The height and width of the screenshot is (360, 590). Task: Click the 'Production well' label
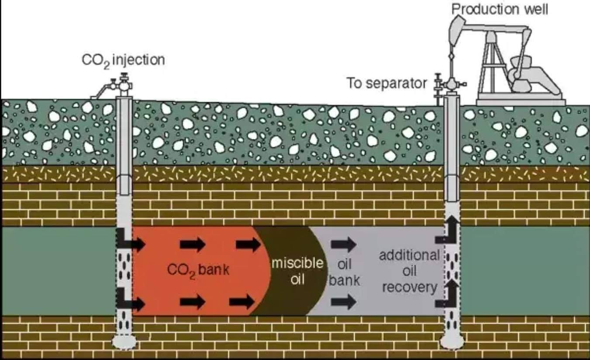click(x=500, y=9)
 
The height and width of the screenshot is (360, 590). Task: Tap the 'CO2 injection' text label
click(x=123, y=61)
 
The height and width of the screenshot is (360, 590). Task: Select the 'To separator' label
click(x=386, y=83)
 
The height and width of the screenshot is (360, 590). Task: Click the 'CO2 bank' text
click(x=198, y=270)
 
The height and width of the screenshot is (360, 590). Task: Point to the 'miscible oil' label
click(x=297, y=271)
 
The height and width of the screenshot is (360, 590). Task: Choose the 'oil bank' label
click(x=345, y=272)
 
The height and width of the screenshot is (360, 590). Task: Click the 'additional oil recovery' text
click(x=410, y=271)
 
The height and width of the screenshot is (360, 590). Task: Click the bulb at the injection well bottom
click(x=124, y=342)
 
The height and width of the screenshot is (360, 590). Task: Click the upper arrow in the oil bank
click(x=343, y=244)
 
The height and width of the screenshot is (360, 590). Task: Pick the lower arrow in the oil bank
click(x=343, y=302)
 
